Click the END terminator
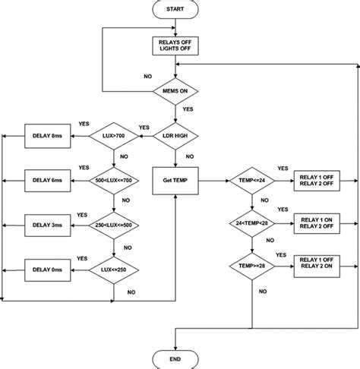(x=175, y=357)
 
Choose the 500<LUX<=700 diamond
(x=113, y=181)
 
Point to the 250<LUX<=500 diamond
(x=113, y=225)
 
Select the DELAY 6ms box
(x=49, y=181)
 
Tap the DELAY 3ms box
(x=49, y=225)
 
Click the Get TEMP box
(x=175, y=181)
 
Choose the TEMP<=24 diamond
(x=251, y=181)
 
